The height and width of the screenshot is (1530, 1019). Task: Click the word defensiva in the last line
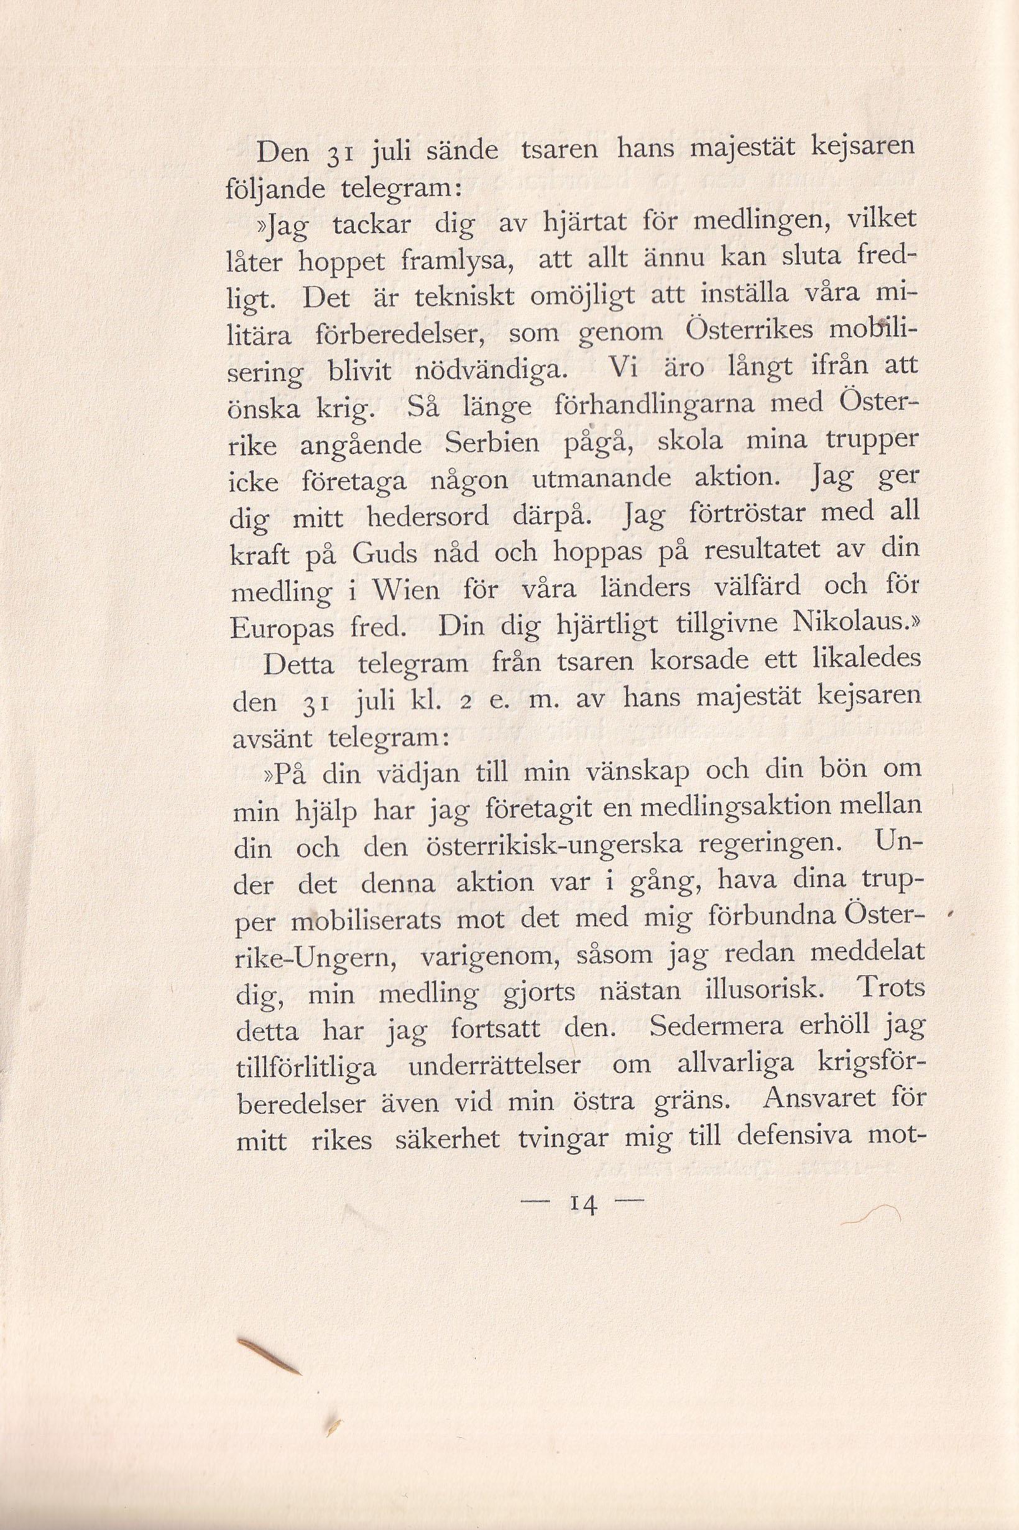[785, 1138]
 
